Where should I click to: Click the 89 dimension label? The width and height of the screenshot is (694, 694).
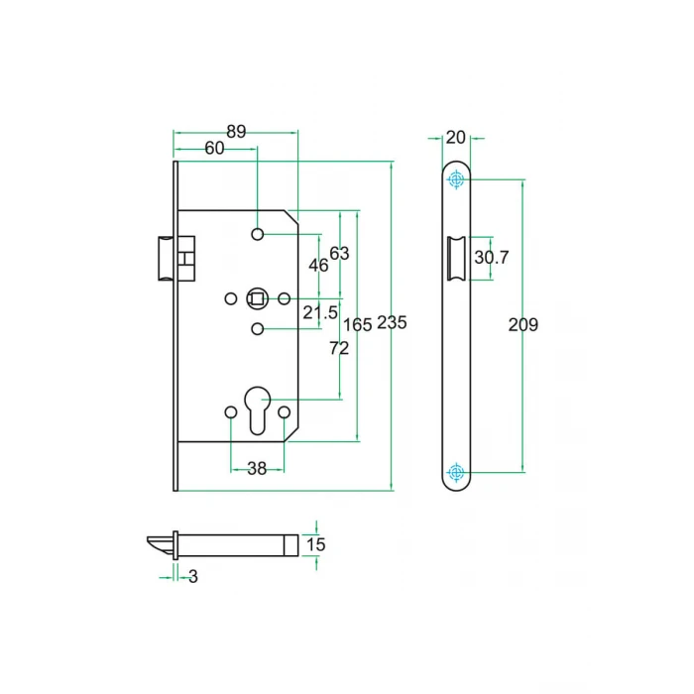click(x=236, y=131)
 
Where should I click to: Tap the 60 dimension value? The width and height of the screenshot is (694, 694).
click(x=214, y=148)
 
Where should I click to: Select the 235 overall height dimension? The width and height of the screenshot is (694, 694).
click(x=392, y=323)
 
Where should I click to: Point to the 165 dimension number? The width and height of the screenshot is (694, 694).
click(x=357, y=324)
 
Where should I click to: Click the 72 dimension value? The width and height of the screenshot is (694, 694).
click(x=339, y=348)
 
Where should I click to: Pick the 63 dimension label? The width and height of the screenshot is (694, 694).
click(x=340, y=253)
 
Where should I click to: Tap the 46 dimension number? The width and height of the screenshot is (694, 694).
click(x=318, y=265)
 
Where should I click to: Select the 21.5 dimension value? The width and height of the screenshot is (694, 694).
click(x=319, y=313)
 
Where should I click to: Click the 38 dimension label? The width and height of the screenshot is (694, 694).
click(x=257, y=469)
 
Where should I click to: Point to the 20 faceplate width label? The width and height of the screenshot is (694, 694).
click(x=456, y=137)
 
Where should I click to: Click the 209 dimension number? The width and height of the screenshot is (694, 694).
click(x=522, y=324)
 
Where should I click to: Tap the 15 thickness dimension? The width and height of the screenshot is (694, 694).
click(x=315, y=544)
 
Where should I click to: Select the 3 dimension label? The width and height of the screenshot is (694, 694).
click(x=192, y=576)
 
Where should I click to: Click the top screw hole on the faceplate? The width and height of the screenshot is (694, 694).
click(x=456, y=179)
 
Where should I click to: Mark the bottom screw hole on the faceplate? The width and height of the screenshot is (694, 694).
click(x=456, y=471)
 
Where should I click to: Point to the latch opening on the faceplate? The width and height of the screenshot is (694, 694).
click(x=458, y=258)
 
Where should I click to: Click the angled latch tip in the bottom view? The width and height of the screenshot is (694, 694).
click(x=159, y=543)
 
